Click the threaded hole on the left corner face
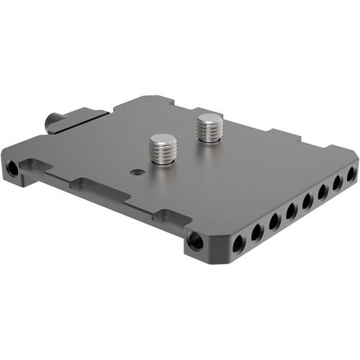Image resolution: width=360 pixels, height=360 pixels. pos(12,169)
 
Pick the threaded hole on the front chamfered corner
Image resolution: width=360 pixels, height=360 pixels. pos(195,241)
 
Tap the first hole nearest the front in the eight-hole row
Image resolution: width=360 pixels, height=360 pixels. pos(237,245)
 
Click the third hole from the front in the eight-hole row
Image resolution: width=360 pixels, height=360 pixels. pos(274,222)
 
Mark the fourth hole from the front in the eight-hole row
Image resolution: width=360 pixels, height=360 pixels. pos(292,212)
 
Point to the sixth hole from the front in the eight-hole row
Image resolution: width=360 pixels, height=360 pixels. pos(323,192)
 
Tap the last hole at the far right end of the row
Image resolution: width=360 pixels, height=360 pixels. pos(351,174)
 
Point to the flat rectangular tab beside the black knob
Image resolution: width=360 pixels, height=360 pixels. pos(86,113)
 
